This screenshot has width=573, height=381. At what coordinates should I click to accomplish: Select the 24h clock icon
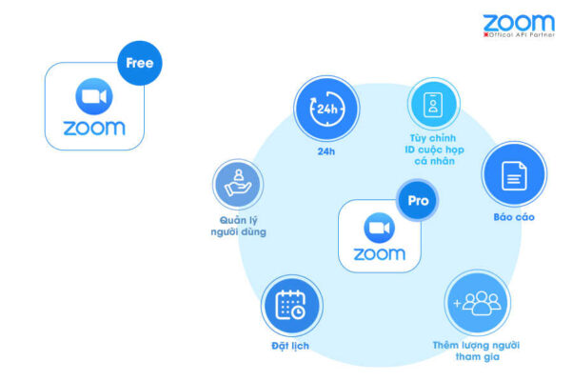pyautogui.click(x=326, y=109)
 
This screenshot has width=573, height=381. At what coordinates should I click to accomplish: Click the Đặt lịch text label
pyautogui.click(x=290, y=346)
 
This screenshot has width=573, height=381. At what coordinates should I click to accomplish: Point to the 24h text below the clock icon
pyautogui.click(x=326, y=150)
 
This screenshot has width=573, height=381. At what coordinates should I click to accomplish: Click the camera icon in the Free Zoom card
pyautogui.click(x=94, y=95)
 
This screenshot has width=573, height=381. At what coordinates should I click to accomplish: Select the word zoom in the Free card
pyautogui.click(x=94, y=127)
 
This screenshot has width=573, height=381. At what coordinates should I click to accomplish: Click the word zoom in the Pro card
pyautogui.click(x=379, y=254)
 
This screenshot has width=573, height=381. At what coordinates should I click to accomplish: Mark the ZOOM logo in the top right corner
pyautogui.click(x=518, y=22)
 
